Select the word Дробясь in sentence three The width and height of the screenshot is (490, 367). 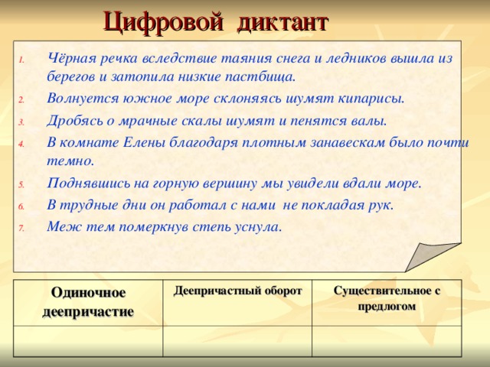point(73,120)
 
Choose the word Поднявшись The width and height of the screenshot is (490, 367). point(89,183)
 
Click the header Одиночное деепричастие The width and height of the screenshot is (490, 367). point(89,302)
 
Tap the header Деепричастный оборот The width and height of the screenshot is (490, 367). point(238,291)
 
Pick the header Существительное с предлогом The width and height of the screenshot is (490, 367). point(387,298)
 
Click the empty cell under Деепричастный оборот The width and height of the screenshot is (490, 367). point(238,340)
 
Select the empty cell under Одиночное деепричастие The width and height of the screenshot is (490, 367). point(89,340)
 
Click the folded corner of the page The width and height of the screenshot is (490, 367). point(435,256)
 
